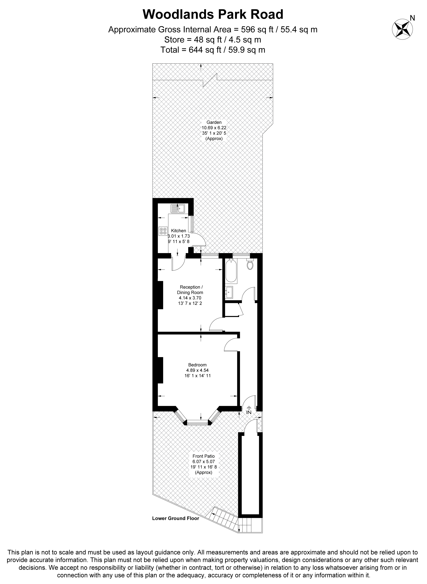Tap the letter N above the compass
413,18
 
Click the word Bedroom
197,365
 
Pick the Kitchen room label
179,231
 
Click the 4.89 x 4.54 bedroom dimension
197,370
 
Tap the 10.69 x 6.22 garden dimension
214,128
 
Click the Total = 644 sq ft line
213,50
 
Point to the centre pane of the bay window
197,423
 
